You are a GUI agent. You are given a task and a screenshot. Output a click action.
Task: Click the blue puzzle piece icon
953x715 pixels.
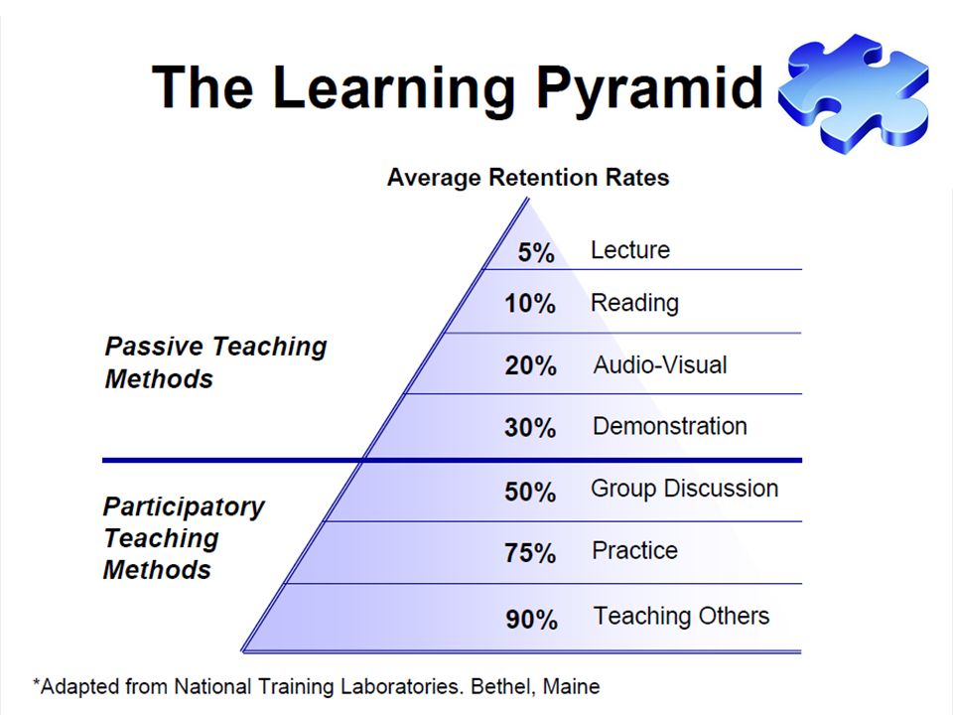[854, 92]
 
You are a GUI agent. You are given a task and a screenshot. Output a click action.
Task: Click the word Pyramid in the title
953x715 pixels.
[649, 90]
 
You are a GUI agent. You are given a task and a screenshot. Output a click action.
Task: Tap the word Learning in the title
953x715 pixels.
[394, 90]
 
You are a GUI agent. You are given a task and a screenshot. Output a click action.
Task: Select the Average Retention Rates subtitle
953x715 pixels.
[528, 178]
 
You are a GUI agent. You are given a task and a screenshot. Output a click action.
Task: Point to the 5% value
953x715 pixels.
[536, 252]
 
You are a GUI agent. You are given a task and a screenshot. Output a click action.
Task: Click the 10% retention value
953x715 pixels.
[530, 304]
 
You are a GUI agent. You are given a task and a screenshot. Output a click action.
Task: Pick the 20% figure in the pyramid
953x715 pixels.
[530, 366]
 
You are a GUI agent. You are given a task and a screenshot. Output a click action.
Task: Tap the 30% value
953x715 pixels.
[530, 427]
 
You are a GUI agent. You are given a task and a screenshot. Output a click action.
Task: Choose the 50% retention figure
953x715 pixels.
[530, 492]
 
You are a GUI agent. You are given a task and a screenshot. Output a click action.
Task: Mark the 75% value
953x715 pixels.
[530, 553]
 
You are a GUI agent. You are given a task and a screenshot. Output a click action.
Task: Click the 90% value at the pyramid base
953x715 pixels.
[532, 620]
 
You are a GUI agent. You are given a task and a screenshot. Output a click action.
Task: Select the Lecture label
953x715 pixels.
[630, 250]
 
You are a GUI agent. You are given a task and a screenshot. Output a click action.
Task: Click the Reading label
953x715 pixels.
[634, 303]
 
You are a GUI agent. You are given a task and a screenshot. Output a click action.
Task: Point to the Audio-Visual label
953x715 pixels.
[660, 364]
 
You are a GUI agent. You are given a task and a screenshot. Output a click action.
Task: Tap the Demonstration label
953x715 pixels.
[670, 426]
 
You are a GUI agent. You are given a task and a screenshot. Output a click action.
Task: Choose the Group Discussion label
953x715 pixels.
[684, 489]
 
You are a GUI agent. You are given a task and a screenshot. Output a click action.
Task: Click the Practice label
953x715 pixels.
[634, 551]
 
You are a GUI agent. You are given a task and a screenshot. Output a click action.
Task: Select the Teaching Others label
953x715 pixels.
[681, 616]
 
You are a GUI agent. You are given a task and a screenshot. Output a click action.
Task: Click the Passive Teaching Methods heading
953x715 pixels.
[215, 362]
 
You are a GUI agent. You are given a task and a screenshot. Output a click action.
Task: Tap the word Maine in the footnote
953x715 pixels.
[572, 686]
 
